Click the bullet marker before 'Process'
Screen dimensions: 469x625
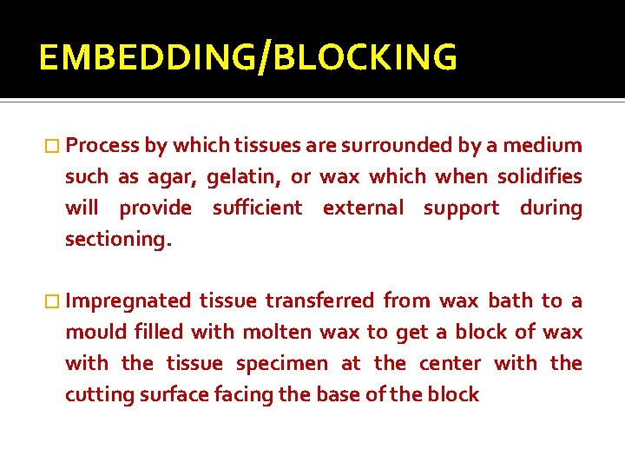(x=54, y=146)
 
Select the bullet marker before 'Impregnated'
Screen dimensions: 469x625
(x=54, y=301)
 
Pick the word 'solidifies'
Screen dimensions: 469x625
(x=539, y=176)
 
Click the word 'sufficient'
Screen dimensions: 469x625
(x=258, y=208)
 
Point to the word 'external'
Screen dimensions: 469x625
(x=364, y=208)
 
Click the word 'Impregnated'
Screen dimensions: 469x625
(x=128, y=301)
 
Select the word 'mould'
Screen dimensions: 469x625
(x=95, y=332)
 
